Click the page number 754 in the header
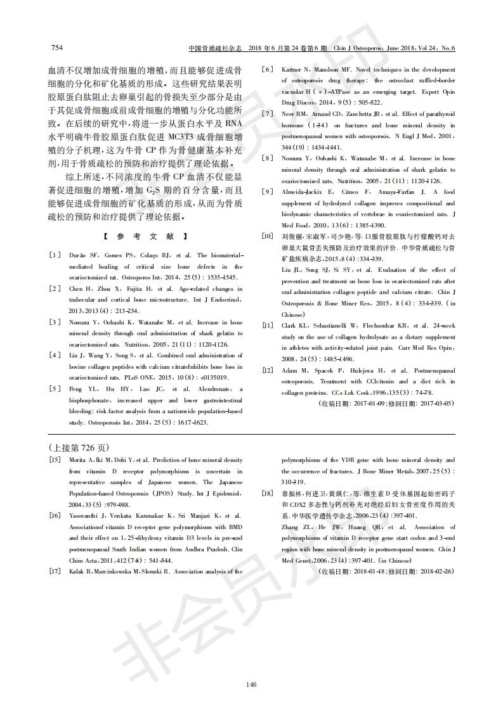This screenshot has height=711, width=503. (x=56, y=48)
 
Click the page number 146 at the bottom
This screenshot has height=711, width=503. (x=251, y=684)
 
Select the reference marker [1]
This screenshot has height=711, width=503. (x=55, y=254)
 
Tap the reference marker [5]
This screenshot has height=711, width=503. (x=55, y=388)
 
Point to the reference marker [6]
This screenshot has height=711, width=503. (x=268, y=70)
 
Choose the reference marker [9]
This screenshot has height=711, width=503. (x=268, y=191)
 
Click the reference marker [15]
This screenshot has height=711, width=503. (x=55, y=459)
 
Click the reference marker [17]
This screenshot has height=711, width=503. (x=55, y=571)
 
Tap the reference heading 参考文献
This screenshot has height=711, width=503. (x=144, y=236)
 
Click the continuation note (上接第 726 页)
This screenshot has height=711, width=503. (x=75, y=446)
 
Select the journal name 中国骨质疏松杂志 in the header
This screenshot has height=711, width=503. (x=216, y=48)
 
